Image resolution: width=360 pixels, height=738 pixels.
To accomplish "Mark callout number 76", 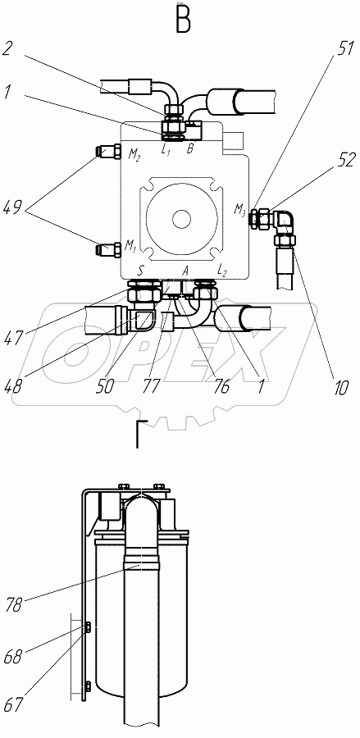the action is [220, 387].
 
